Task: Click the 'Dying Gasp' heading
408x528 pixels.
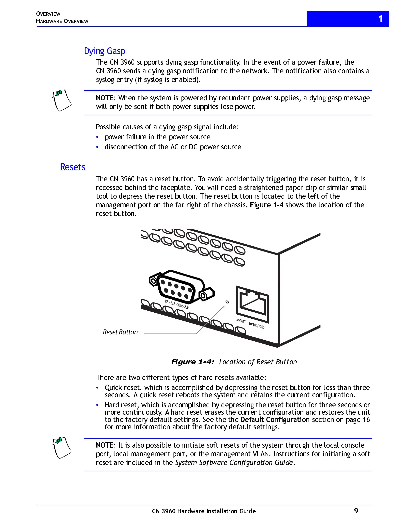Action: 104,51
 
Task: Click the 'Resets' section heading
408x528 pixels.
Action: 73,167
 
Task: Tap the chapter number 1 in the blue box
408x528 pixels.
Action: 380,19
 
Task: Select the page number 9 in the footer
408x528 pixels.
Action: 356,511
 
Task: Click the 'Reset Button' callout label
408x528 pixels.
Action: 120,332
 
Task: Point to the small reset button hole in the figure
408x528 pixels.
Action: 227,302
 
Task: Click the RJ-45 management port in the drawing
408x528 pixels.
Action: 253,302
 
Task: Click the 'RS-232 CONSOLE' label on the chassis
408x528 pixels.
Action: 177,304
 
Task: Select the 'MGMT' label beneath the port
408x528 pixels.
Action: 241,321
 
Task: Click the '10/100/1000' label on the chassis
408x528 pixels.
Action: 256,325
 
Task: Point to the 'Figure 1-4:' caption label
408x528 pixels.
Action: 192,362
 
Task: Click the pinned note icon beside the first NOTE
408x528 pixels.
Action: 62,100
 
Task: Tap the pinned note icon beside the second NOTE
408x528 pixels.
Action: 62,447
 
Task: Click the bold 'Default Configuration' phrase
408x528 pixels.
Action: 275,419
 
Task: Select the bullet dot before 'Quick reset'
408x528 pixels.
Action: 97,388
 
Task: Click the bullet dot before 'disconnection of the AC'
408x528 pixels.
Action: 97,147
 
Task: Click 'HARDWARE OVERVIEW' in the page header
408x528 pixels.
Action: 62,21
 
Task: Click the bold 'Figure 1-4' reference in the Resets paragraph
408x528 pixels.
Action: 267,205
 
